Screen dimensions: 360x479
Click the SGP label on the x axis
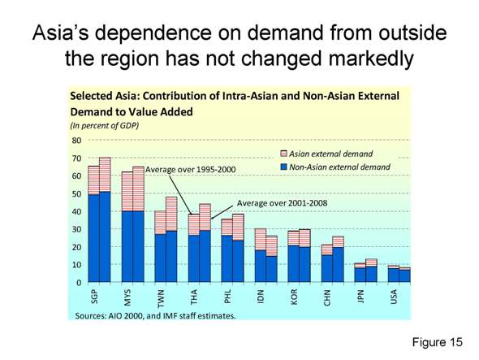94,298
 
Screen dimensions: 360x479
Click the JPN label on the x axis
360,298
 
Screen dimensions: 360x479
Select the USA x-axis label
394,298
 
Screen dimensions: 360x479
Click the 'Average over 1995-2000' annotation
190,168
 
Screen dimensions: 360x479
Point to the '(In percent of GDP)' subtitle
104,125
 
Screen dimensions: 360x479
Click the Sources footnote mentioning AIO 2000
154,314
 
